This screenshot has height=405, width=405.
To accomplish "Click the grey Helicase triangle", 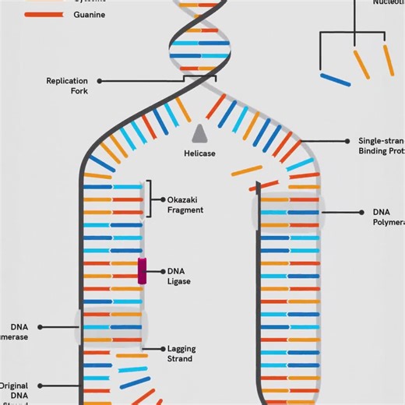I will tap(199, 133).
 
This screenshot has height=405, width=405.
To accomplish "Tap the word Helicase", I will tap(199, 153).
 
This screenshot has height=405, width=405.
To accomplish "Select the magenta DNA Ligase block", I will tap(143, 271).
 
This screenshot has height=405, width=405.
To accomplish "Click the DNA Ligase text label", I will tap(178, 276).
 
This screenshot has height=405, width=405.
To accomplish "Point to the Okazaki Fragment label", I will tap(185, 205).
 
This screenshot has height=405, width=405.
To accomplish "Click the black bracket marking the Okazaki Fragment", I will tap(150, 199).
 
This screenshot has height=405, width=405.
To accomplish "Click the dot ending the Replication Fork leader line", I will tap(100, 81).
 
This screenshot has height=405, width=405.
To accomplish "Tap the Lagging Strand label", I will tap(180, 354).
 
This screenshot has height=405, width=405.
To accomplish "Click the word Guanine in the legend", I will tap(90, 15).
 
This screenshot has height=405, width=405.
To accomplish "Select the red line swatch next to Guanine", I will tap(44, 15).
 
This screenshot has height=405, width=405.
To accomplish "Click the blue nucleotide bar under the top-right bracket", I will tap(335, 79).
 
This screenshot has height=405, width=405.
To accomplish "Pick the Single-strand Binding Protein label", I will tap(382, 146).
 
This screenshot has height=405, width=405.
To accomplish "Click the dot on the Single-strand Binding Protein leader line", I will tap(347, 141).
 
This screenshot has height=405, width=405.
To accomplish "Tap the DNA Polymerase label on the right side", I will tap(389, 217).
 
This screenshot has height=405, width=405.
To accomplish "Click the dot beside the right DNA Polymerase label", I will tap(362, 212).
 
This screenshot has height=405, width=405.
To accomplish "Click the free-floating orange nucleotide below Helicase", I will tap(248, 169).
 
